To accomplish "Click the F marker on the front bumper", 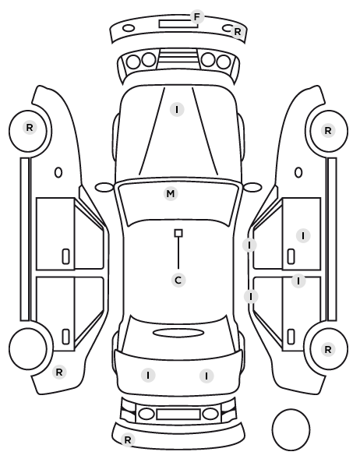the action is [x=197, y=17].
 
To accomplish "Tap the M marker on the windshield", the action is [x=171, y=194].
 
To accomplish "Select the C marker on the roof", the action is [x=178, y=281].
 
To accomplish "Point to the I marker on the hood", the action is [x=177, y=110].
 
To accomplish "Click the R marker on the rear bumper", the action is [x=128, y=440].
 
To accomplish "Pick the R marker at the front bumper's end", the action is [x=237, y=31].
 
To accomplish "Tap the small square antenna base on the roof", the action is [x=178, y=233].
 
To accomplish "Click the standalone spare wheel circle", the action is [x=291, y=429].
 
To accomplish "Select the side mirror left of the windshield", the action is [x=104, y=188].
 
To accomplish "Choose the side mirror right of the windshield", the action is [x=252, y=188].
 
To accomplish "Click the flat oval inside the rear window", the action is [x=178, y=333].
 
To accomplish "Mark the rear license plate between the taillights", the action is [x=178, y=414].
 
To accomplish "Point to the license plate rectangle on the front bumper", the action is [x=178, y=24].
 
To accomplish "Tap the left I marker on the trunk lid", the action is [x=148, y=375].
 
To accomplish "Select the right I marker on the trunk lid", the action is [x=206, y=376].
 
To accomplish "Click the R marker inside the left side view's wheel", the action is [x=30, y=128].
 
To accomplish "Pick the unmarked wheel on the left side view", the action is [x=28, y=348].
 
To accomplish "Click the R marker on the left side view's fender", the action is [x=59, y=372].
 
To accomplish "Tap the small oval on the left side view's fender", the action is [x=58, y=172].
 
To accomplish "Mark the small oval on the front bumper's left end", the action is [x=129, y=28].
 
